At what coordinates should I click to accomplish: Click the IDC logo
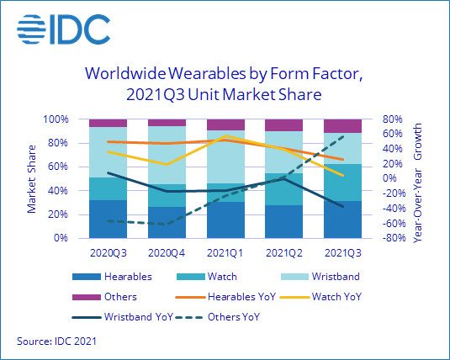(x=63, y=29)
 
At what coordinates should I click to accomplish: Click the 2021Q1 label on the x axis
(x=225, y=253)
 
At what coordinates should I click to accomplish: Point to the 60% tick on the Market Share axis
(x=58, y=167)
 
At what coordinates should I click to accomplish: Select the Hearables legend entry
(x=112, y=277)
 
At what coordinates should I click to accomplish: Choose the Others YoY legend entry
(x=217, y=317)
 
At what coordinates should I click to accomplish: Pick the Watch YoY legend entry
(x=320, y=297)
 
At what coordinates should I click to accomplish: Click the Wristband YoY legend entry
(x=123, y=317)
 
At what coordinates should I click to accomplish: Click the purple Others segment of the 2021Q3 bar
(x=342, y=126)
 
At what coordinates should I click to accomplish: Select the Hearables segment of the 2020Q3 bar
(x=109, y=219)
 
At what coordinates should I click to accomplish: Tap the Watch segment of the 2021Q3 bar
(x=342, y=183)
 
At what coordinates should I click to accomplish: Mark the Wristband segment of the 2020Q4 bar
(x=167, y=155)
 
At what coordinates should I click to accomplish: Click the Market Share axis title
(x=32, y=179)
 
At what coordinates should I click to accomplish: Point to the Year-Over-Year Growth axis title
(x=417, y=183)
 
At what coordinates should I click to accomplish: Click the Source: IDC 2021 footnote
(x=56, y=341)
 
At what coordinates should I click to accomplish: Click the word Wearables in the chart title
(x=207, y=73)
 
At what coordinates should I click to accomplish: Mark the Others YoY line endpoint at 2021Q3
(x=342, y=136)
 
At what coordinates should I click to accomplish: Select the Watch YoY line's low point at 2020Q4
(x=167, y=164)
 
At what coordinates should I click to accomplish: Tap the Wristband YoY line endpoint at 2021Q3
(x=342, y=206)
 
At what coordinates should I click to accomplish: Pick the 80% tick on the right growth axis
(x=393, y=119)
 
